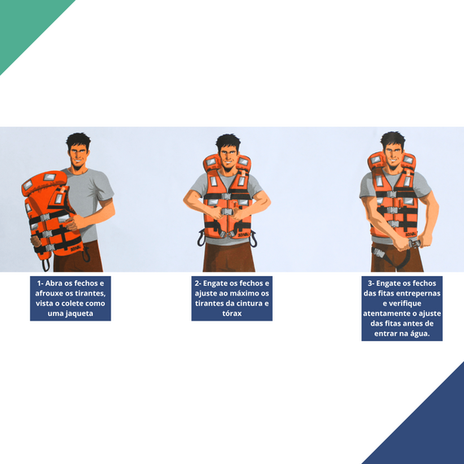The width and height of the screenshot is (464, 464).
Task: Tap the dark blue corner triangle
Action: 429,429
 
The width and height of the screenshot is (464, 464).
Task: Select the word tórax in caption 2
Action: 232,313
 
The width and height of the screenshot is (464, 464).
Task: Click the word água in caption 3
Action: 418,334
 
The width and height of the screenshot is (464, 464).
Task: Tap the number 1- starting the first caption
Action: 41,283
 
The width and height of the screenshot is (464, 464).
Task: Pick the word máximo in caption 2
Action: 239,294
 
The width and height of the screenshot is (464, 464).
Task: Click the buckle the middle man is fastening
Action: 227,212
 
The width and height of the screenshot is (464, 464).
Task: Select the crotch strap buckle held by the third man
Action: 414,244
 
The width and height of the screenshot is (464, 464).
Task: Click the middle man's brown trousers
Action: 229,257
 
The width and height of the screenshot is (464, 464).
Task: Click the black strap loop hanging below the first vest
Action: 46,265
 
